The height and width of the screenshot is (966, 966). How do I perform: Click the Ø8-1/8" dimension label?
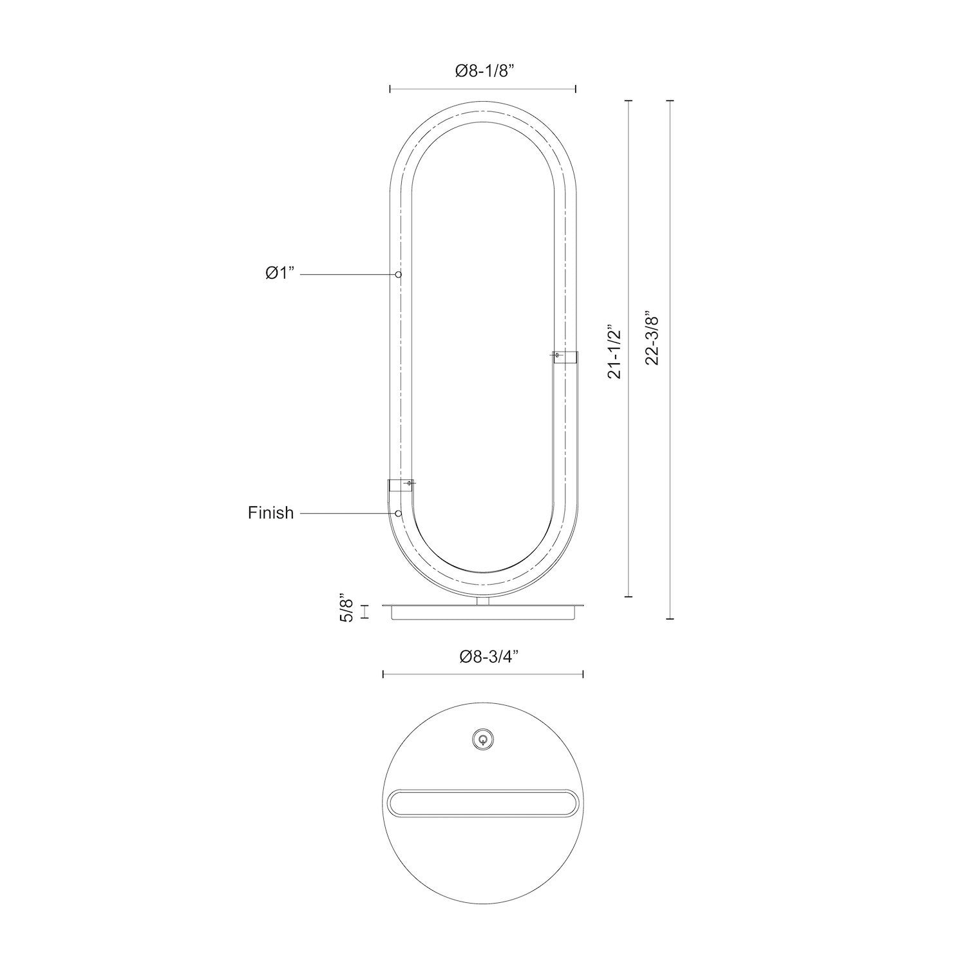482,71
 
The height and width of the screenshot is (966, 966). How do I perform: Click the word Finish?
270,513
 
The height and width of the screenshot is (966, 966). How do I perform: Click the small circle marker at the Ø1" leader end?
399,275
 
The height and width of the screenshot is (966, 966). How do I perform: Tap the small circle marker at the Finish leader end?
399,513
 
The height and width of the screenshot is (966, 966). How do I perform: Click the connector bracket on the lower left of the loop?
400,486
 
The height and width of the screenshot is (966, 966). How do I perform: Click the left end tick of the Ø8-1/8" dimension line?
390,90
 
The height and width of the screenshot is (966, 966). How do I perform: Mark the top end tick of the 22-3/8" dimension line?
670,101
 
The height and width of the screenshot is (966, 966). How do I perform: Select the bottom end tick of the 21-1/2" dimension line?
629,597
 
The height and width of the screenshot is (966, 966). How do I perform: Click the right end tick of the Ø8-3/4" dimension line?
583,674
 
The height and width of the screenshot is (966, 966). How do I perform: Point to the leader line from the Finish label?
348,513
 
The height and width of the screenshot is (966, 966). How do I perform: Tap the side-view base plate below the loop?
483,612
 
